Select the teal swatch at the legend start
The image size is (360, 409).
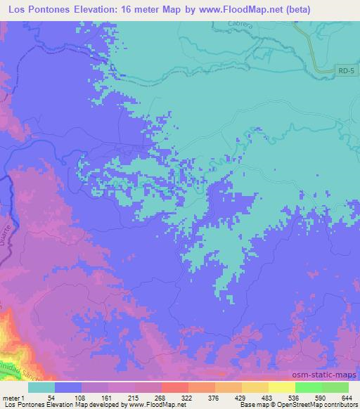[42, 388]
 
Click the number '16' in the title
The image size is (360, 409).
[124, 9]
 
